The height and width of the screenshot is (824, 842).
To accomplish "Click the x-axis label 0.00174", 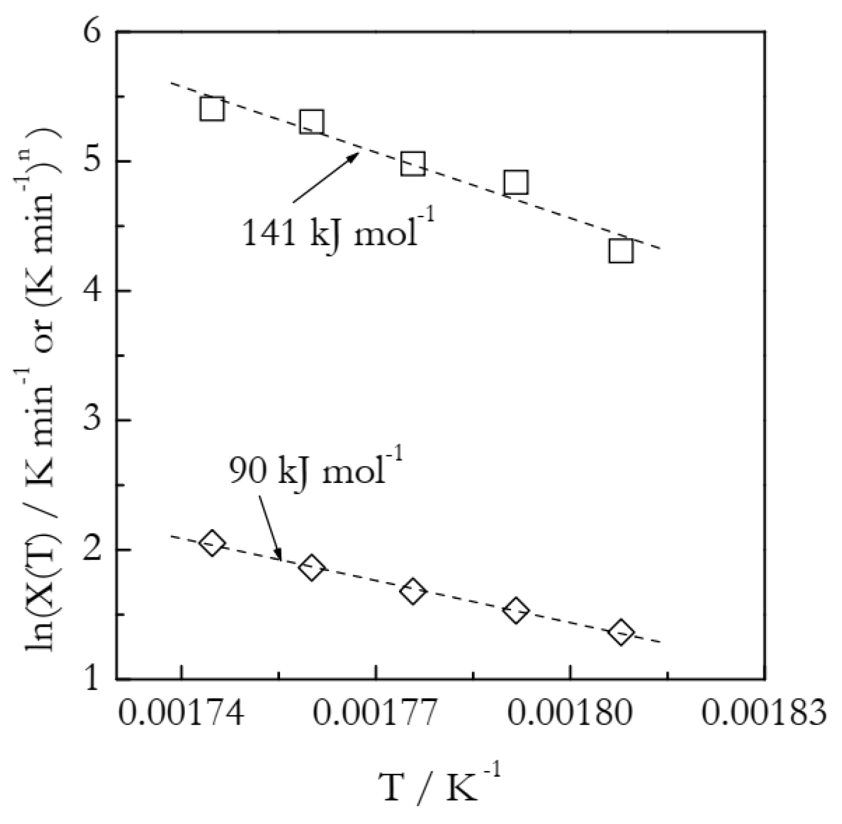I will click(x=181, y=715).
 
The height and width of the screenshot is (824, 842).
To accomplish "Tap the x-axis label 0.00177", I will click(x=376, y=715).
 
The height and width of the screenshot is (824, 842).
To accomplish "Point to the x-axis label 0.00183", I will click(x=764, y=715).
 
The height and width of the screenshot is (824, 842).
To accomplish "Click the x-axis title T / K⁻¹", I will click(x=439, y=785).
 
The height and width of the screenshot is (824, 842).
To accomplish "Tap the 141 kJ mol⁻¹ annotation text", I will click(x=338, y=231).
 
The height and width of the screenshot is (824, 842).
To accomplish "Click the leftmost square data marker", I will click(x=213, y=108).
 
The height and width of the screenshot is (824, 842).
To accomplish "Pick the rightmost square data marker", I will click(x=621, y=251).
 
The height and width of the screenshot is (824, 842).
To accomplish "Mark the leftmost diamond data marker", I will click(x=213, y=543).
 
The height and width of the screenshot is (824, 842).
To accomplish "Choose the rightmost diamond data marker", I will click(x=621, y=633).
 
